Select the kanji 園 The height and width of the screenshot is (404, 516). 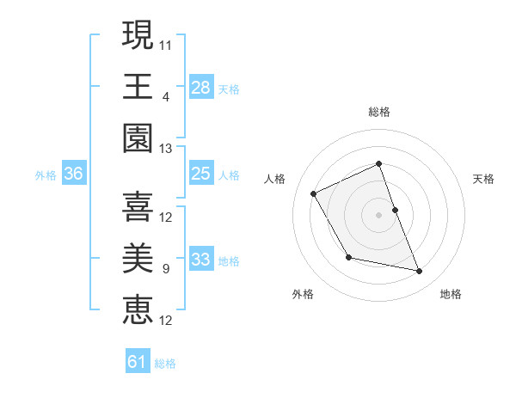(138, 138)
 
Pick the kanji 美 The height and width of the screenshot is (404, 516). (138, 257)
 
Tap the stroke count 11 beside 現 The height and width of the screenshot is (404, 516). (166, 43)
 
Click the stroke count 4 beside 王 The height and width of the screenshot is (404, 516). (166, 96)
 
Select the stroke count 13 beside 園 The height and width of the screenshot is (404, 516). (166, 149)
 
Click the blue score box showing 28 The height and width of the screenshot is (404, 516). (201, 87)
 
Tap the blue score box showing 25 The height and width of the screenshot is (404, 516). (201, 174)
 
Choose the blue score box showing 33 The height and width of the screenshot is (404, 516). (201, 260)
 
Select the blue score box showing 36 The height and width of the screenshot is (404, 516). (74, 174)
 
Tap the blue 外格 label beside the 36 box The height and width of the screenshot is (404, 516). (46, 175)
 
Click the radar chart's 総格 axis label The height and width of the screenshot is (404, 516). (379, 112)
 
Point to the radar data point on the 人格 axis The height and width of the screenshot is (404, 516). (314, 194)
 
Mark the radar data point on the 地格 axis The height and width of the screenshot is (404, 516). (420, 272)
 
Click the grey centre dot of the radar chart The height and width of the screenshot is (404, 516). (379, 214)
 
